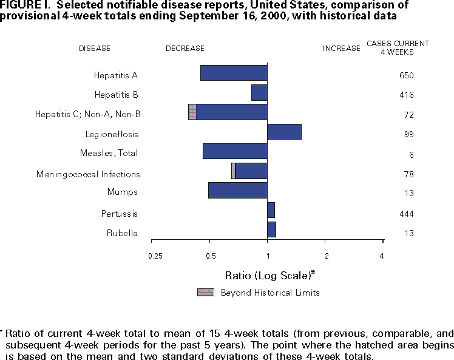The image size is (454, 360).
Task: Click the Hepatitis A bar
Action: [234, 73]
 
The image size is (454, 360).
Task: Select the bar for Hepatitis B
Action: [259, 92]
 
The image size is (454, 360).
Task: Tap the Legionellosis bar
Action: [284, 132]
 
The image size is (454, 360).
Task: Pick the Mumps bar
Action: [238, 190]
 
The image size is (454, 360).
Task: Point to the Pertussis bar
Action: [271, 210]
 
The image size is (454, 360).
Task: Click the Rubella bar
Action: [271, 229]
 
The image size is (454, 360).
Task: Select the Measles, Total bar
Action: [235, 151]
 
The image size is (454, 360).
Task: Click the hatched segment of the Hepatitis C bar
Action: [192, 112]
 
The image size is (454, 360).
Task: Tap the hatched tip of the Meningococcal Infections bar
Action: [233, 171]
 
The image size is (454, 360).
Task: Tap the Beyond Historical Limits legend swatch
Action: [206, 293]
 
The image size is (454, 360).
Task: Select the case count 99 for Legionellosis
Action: [408, 134]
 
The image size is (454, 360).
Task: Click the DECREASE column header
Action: [185, 49]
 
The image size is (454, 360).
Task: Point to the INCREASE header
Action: [341, 49]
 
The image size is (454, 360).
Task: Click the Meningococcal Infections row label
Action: [88, 174]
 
